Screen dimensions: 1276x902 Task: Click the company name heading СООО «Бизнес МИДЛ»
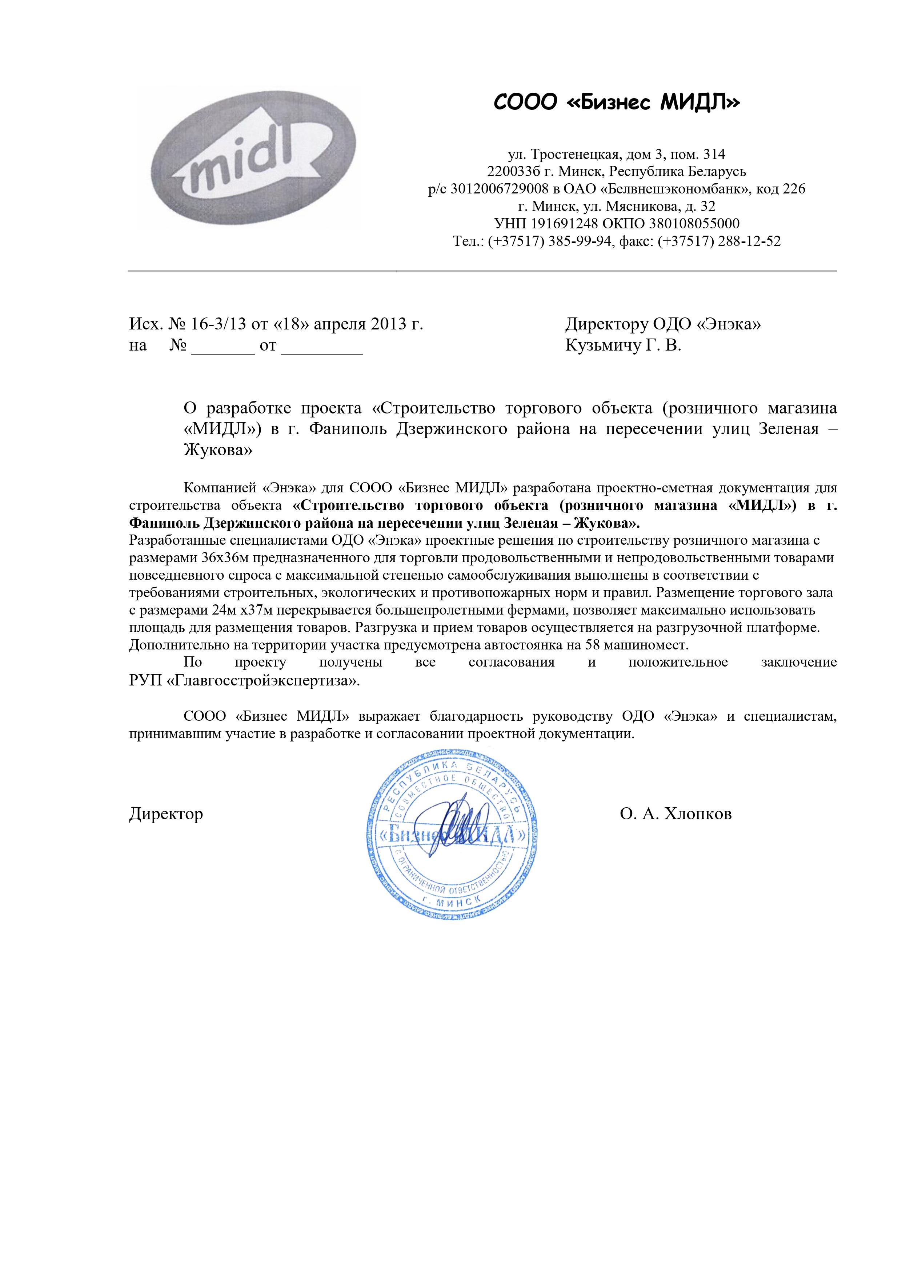pyautogui.click(x=617, y=102)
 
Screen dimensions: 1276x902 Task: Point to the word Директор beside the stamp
pyautogui.click(x=166, y=814)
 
